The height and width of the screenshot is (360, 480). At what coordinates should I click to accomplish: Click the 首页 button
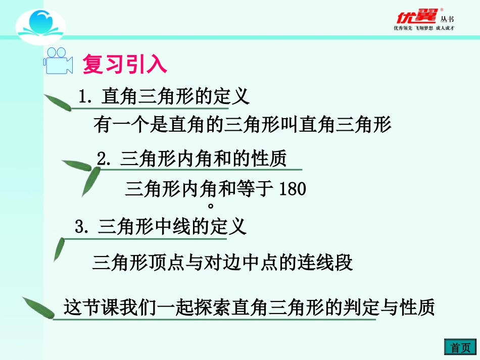coord(460,347)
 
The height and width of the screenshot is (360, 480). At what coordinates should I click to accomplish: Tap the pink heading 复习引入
coord(124,65)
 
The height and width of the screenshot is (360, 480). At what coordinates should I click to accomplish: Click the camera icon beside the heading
coord(58,61)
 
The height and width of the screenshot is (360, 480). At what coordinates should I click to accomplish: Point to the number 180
coord(293,189)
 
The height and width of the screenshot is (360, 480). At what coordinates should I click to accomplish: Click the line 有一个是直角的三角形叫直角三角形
coord(243,125)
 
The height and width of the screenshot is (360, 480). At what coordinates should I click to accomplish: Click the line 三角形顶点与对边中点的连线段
coord(222,263)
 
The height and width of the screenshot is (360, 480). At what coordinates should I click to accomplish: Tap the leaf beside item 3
coord(60,247)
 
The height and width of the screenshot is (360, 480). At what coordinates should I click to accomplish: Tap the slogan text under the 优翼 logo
coord(424,28)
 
